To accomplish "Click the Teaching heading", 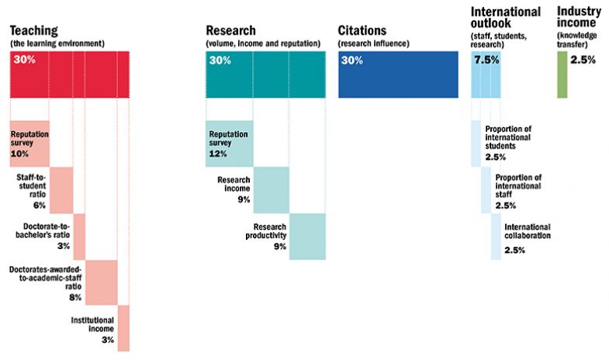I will tap(34, 30).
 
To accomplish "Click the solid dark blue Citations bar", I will tap(398, 74).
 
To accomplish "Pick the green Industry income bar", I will tap(562, 74).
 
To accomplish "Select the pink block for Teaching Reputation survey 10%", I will tap(29, 144).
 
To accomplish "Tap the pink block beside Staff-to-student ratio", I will tap(61, 189).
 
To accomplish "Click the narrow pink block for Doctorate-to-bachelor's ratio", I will tap(79, 236).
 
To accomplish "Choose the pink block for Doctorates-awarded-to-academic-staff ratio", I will tap(101, 282).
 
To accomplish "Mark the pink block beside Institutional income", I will tap(123, 328).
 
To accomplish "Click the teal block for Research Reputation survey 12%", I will tap(230, 144).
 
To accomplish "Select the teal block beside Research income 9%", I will tap(271, 189).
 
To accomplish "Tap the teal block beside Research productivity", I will tap(306, 235).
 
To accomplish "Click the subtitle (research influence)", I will tap(371, 43).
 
